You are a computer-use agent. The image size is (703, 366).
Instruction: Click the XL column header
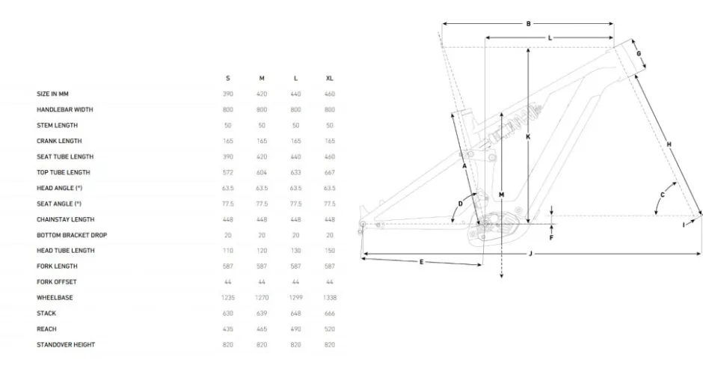(x=330, y=79)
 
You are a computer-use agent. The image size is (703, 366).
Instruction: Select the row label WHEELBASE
(x=55, y=297)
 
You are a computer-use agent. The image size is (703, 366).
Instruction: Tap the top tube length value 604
(x=262, y=172)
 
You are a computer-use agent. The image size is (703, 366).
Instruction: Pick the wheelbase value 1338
(x=330, y=297)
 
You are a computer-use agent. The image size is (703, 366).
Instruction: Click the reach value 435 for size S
(x=228, y=329)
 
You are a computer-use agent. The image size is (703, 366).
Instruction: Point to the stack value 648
(x=295, y=313)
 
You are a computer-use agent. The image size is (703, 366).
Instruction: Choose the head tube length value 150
(x=330, y=251)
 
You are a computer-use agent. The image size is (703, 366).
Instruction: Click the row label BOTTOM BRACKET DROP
(x=72, y=235)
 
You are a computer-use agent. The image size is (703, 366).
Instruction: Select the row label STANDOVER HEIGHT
(x=66, y=344)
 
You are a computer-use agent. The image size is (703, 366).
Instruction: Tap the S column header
(x=228, y=79)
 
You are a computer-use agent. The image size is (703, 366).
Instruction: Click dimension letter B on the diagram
(x=529, y=24)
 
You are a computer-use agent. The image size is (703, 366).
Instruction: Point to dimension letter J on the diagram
(x=530, y=254)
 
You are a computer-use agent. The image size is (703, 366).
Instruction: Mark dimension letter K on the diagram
(x=529, y=136)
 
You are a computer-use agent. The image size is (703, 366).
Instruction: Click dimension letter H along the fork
(x=669, y=144)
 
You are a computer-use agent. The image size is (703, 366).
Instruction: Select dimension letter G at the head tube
(x=639, y=54)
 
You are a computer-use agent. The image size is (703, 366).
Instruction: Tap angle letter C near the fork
(x=663, y=195)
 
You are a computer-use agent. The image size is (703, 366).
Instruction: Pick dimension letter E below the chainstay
(x=422, y=262)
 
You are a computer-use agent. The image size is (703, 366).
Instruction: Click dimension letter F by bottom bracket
(x=551, y=238)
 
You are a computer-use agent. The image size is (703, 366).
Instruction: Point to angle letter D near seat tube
(x=461, y=204)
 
